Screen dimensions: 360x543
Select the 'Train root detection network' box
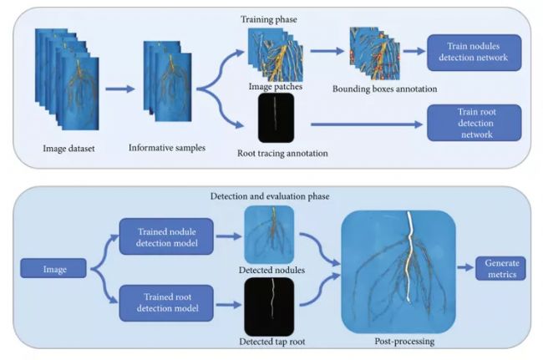click(x=474, y=122)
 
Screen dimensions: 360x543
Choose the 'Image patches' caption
click(x=271, y=86)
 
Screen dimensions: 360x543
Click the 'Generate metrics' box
click(x=501, y=268)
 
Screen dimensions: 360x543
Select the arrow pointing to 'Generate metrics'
click(x=466, y=267)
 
